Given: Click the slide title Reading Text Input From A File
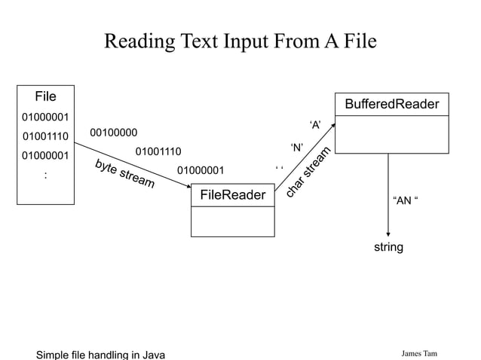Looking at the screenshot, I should [x=240, y=40].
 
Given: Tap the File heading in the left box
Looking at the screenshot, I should [x=45, y=96].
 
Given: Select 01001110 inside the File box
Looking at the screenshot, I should [x=45, y=136].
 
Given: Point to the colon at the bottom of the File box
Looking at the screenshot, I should [x=45, y=175].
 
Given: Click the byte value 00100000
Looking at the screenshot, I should [x=114, y=133].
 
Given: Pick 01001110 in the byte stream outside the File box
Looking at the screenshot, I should [x=158, y=152].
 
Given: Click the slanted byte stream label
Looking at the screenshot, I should [x=125, y=174].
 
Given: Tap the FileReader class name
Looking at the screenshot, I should [x=232, y=196].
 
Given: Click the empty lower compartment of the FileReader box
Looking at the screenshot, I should [x=232, y=221].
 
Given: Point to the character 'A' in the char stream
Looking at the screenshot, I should [x=316, y=124].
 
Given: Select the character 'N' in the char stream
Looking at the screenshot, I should [x=296, y=147].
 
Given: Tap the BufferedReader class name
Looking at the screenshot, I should [x=391, y=104].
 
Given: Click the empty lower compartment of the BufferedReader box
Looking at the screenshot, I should [x=391, y=134].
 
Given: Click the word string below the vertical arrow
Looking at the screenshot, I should [x=388, y=247].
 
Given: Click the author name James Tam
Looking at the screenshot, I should [x=419, y=354].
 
